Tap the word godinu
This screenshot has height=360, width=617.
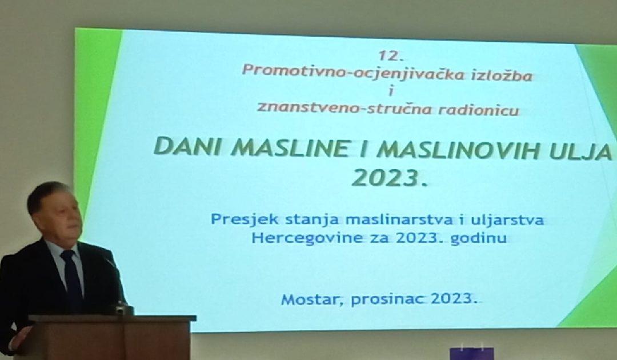[479, 238]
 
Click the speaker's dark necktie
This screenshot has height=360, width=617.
[72, 280]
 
